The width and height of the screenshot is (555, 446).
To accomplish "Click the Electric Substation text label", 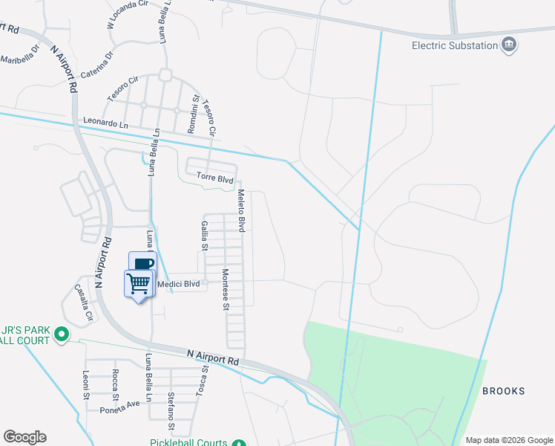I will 455,45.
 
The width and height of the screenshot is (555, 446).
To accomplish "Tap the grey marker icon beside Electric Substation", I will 510,45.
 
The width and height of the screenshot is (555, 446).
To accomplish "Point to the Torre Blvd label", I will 215,178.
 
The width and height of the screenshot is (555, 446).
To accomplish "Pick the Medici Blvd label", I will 178,283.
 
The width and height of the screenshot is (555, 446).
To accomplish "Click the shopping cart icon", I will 139,283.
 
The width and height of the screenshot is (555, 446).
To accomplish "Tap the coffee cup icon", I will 143,263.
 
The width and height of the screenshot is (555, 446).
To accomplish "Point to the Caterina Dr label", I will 98,64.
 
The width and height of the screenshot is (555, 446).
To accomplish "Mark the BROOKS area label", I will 504,391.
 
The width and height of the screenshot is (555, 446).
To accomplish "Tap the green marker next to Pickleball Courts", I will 239,443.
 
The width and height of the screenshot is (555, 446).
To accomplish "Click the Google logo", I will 24,437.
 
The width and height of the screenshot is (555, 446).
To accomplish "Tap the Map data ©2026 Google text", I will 508,440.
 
